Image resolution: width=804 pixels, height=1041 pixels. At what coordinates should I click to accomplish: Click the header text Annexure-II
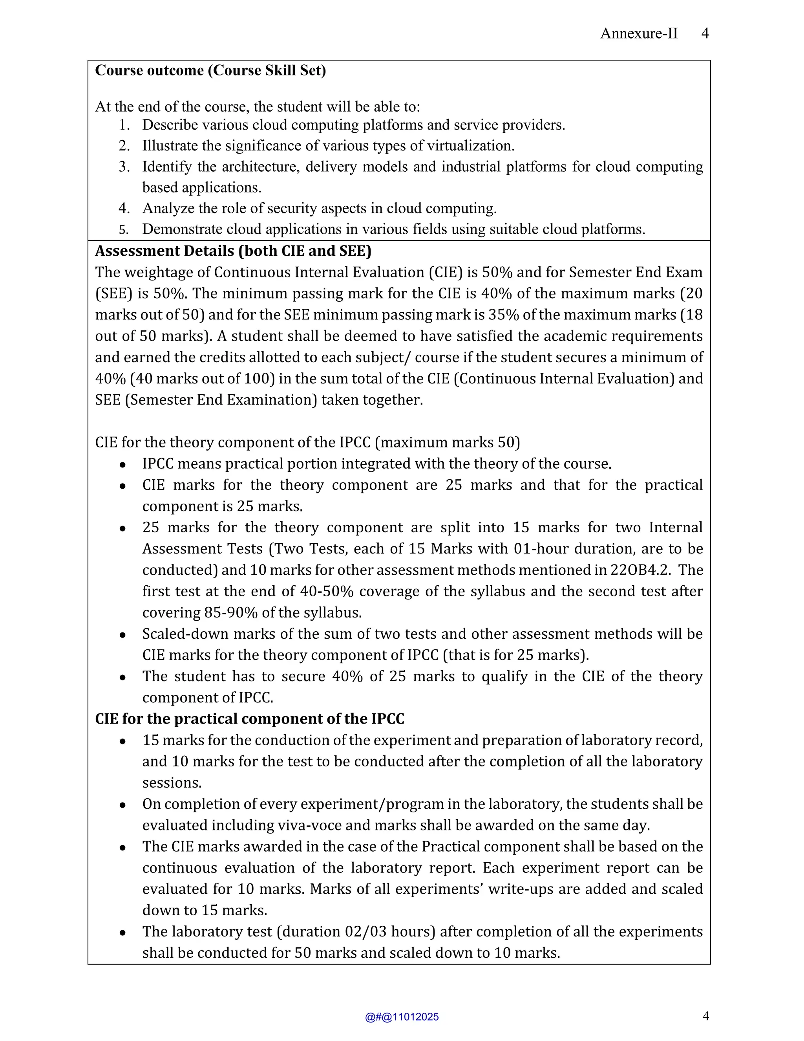tap(638, 33)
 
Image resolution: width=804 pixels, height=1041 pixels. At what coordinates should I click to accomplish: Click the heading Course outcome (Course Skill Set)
tap(210, 71)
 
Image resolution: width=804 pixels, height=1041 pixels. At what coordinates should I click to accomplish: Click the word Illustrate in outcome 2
tap(170, 145)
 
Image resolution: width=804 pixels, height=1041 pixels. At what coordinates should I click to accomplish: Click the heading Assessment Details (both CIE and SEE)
tap(233, 251)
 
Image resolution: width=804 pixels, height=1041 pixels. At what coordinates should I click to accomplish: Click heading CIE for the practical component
tap(249, 719)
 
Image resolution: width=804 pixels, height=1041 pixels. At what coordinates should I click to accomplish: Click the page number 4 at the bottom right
tap(705, 1016)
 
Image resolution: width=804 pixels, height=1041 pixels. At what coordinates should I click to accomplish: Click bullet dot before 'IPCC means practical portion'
tap(123, 464)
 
